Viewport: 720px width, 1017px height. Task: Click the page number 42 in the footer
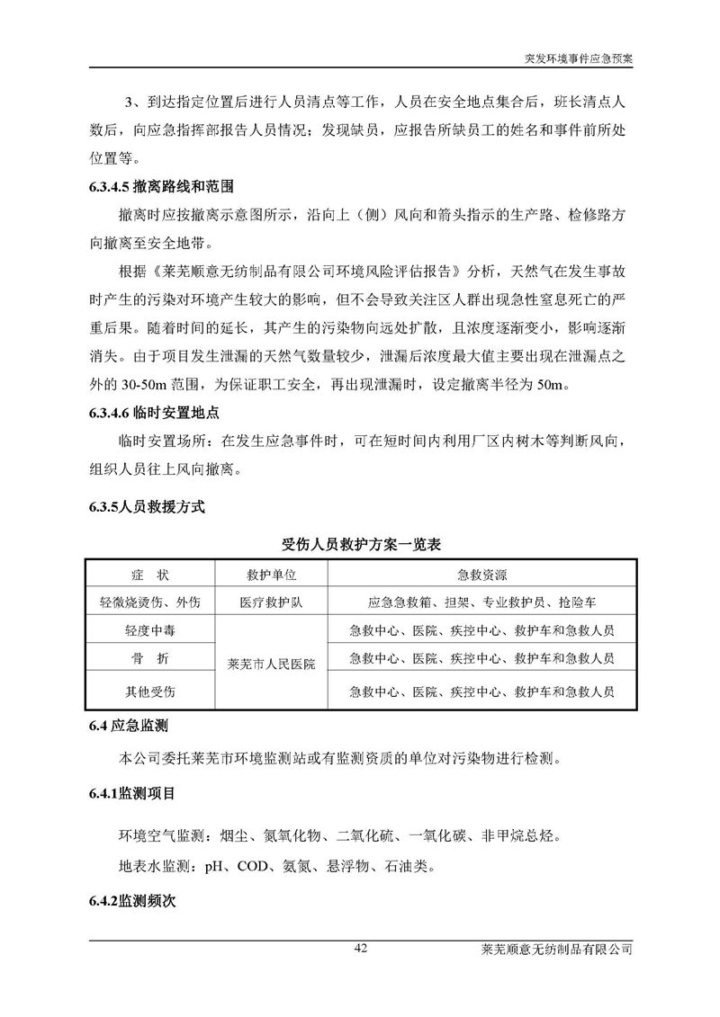point(361,949)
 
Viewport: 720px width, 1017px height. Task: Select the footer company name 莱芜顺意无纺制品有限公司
point(558,950)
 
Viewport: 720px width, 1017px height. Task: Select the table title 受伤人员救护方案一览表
point(360,545)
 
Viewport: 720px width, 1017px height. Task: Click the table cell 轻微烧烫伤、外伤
point(149,602)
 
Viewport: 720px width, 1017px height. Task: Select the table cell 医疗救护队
point(272,602)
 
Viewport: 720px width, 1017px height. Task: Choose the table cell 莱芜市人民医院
point(272,665)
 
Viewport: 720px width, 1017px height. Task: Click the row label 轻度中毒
point(149,631)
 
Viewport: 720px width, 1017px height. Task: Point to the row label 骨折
point(149,659)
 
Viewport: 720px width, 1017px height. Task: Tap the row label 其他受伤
point(149,691)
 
